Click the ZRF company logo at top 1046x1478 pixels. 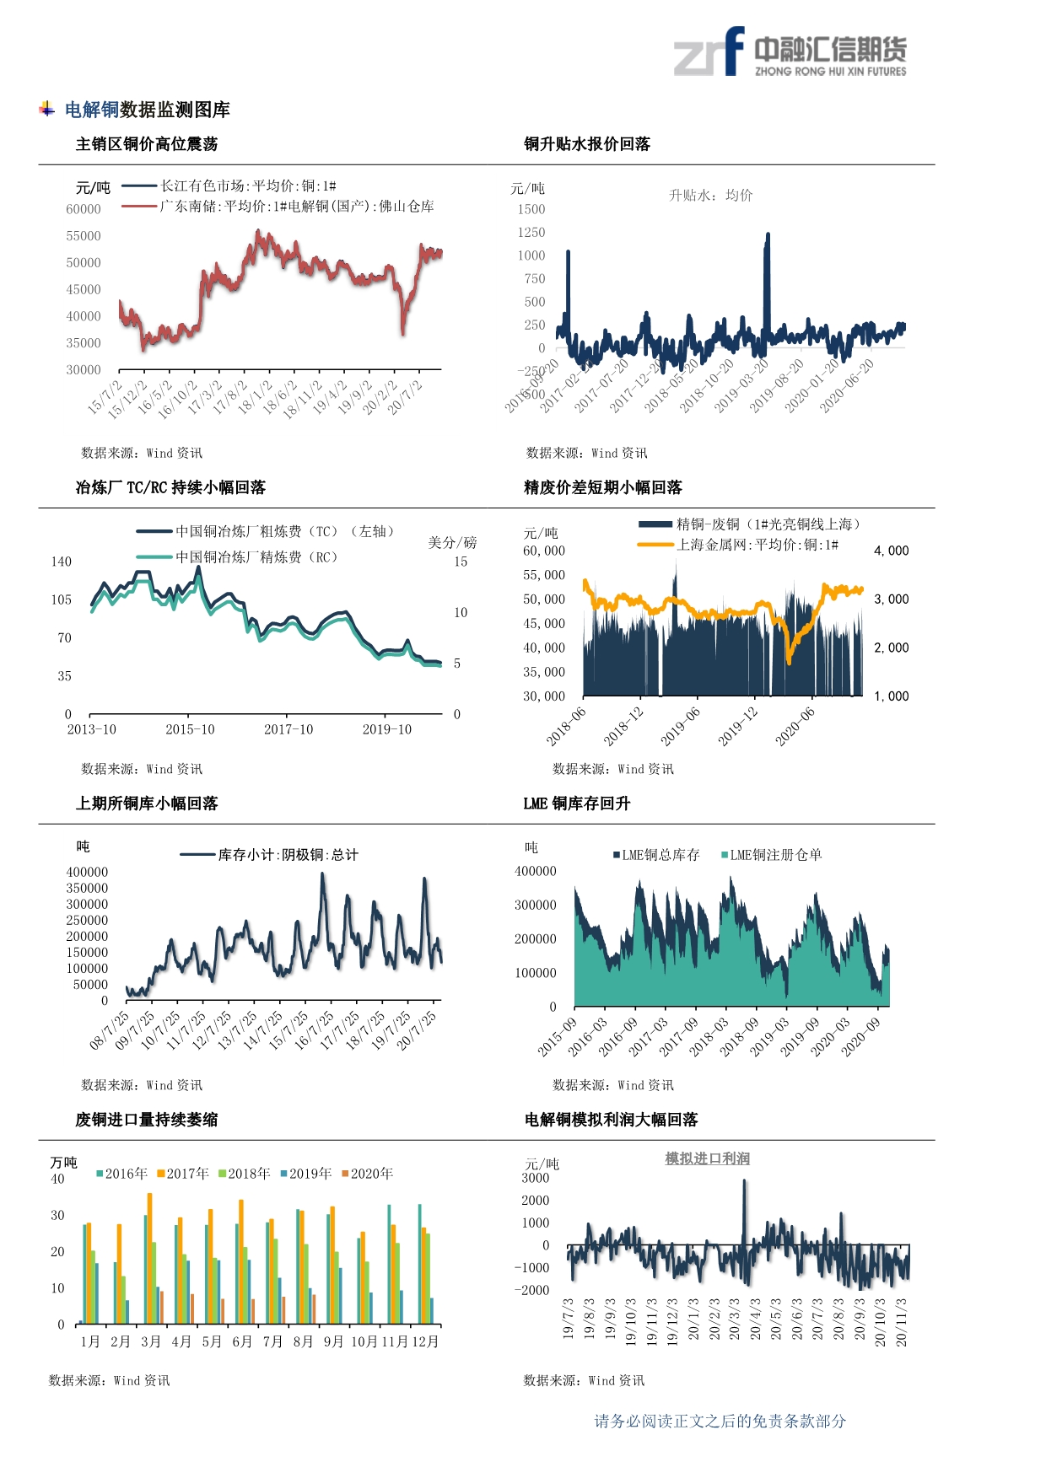789,52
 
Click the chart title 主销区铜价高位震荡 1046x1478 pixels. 147,144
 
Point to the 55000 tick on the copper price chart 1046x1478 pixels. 84,236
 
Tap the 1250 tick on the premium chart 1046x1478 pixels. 531,232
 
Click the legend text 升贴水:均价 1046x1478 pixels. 710,196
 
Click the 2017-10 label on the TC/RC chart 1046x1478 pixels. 288,729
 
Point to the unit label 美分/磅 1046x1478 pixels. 452,542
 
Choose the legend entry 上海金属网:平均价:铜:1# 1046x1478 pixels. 757,545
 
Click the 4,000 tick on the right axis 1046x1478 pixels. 891,551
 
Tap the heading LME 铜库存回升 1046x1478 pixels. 577,803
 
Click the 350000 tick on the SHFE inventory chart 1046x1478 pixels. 87,888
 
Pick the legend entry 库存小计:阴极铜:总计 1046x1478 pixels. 288,855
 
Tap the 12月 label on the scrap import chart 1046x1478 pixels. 425,1341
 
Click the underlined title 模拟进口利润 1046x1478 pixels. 707,1158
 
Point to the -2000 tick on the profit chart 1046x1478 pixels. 532,1290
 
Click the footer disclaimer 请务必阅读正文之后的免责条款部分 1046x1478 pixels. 720,1422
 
